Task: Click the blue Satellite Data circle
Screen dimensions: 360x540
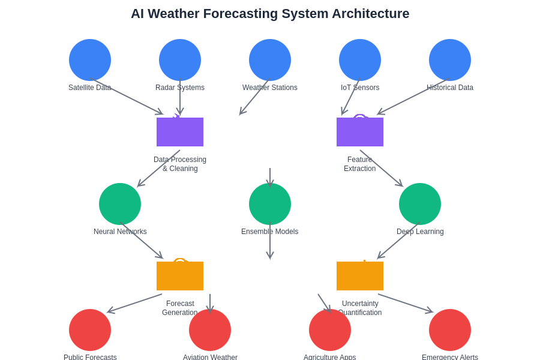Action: pyautogui.click(x=90, y=60)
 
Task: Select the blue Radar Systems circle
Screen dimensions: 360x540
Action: pyautogui.click(x=180, y=60)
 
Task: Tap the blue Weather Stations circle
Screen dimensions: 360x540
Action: pyautogui.click(x=270, y=60)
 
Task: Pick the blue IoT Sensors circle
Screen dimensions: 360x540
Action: pyautogui.click(x=360, y=60)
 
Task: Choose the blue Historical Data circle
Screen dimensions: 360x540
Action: pyautogui.click(x=450, y=60)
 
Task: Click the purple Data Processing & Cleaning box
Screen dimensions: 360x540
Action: pyautogui.click(x=180, y=132)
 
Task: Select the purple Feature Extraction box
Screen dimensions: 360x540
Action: pyautogui.click(x=360, y=132)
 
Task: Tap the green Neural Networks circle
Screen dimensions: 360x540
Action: pyautogui.click(x=120, y=204)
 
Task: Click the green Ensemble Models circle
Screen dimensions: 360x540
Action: pyautogui.click(x=270, y=204)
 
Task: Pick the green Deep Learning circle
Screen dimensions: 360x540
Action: pyautogui.click(x=420, y=204)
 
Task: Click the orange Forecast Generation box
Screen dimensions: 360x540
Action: pyautogui.click(x=180, y=276)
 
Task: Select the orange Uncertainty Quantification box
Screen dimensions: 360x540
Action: pyautogui.click(x=360, y=276)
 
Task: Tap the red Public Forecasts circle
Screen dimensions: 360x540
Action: pyautogui.click(x=90, y=330)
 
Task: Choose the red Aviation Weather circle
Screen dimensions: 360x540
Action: pyautogui.click(x=210, y=330)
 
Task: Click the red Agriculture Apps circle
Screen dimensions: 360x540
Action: pyautogui.click(x=330, y=330)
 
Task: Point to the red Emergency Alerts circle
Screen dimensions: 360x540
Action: pyautogui.click(x=450, y=330)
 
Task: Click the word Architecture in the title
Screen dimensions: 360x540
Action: pyautogui.click(x=369, y=14)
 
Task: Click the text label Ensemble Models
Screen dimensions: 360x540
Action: pyautogui.click(x=270, y=232)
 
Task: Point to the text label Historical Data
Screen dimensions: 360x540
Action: pyautogui.click(x=450, y=88)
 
